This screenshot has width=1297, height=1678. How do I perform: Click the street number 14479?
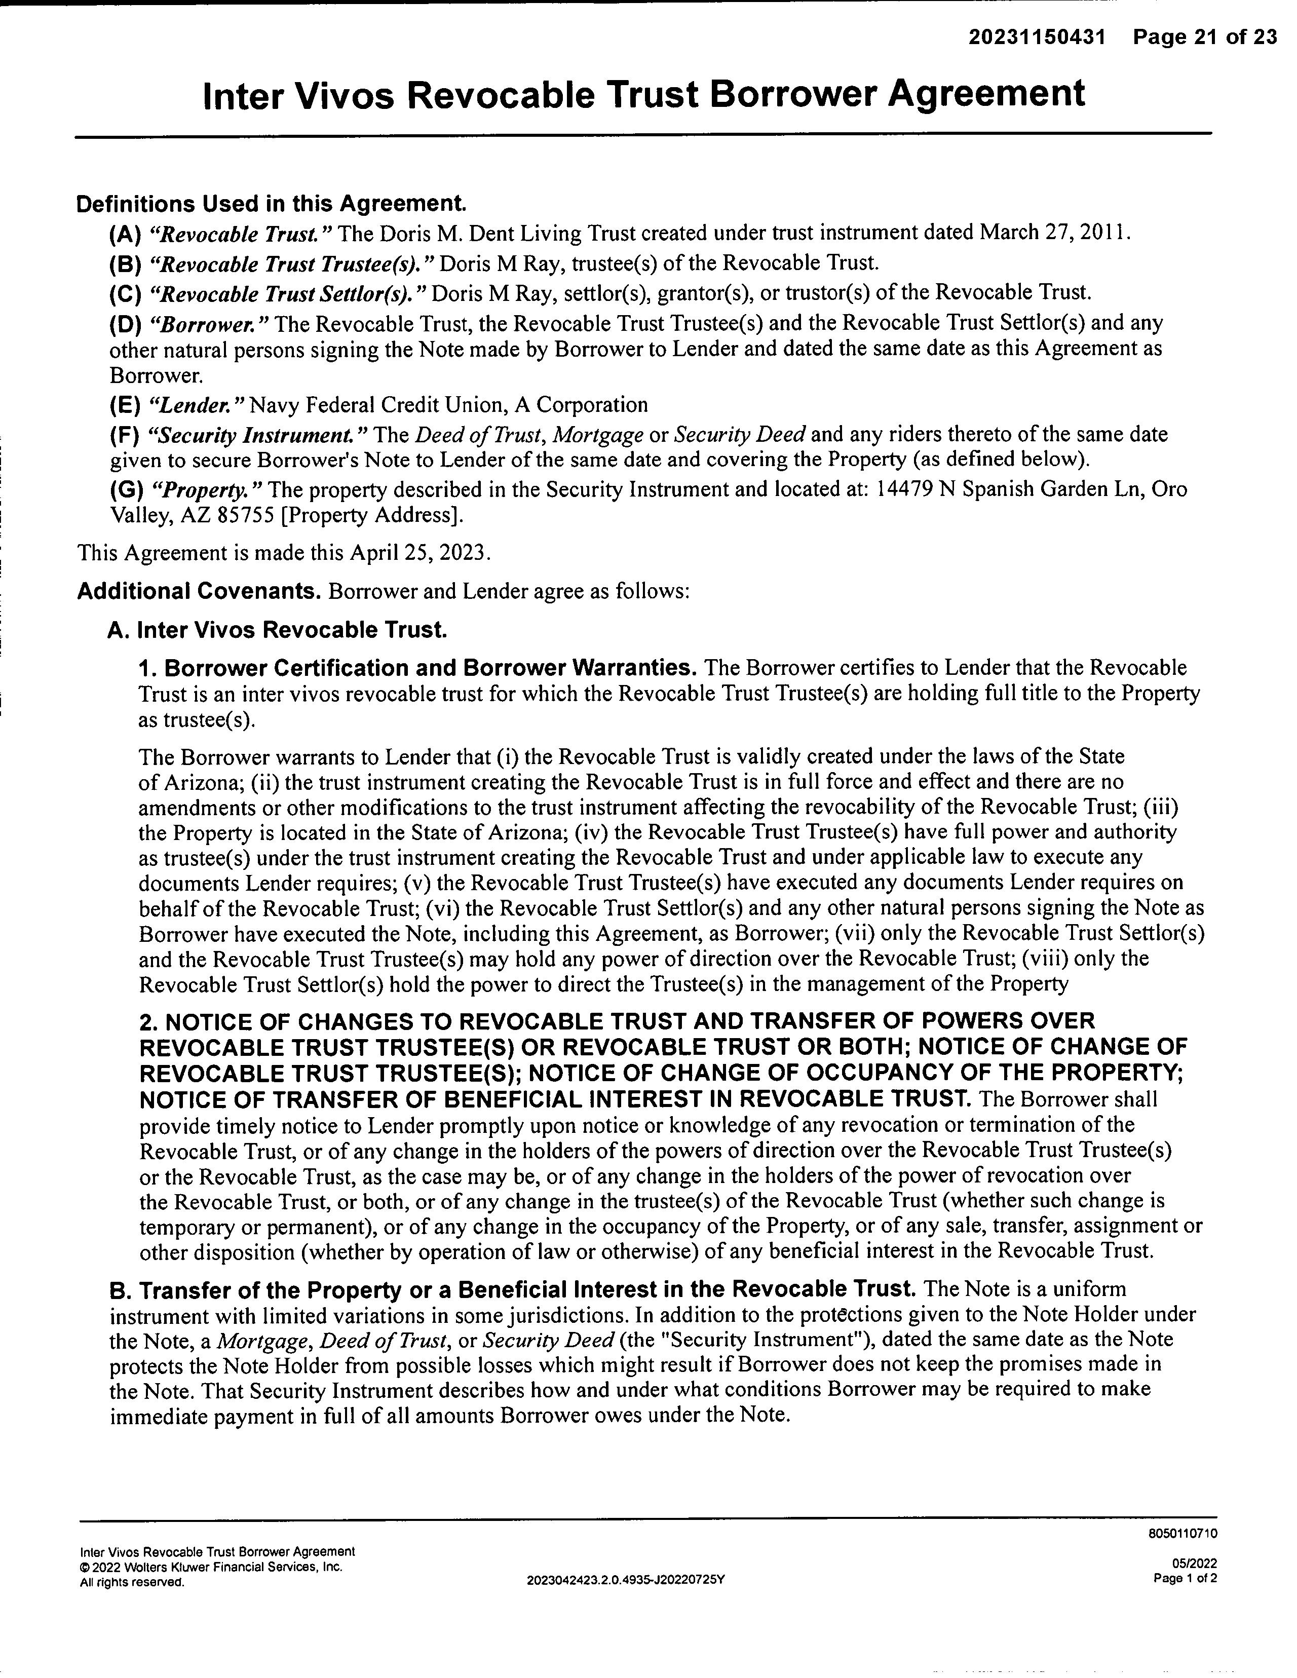904,489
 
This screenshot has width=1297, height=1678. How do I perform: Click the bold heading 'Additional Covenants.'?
199,592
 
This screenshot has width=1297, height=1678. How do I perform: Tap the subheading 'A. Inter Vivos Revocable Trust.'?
277,630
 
